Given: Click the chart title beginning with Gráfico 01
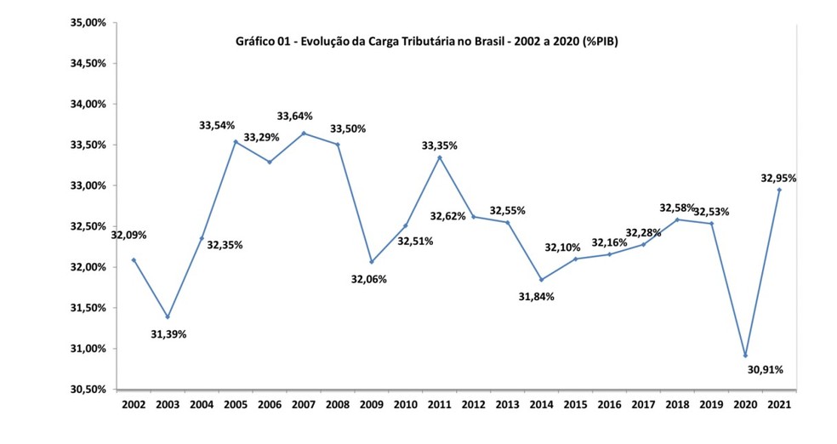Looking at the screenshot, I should coord(425,41).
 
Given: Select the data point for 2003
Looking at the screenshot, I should coord(168,316).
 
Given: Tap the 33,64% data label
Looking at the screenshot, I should coord(294,117).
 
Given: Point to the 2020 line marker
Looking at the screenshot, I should coord(745,356).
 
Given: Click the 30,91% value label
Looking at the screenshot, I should coord(766,369).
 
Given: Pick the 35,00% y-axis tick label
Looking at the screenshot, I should coord(88,23).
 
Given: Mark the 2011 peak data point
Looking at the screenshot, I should coord(440,157).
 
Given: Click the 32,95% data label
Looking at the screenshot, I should coord(779,178).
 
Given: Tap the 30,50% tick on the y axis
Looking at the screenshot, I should coord(88,390).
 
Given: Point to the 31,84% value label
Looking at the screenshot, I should coord(537,296).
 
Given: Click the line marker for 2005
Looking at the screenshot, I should coord(236,141).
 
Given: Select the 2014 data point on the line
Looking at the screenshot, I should coord(542,280).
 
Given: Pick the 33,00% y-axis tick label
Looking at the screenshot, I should coord(88,185).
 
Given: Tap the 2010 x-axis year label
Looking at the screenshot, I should coord(406,407).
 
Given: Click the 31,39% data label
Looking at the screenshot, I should coord(168,334).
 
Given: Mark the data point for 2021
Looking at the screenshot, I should coord(779,190).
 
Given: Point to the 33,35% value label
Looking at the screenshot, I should coord(440,145).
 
